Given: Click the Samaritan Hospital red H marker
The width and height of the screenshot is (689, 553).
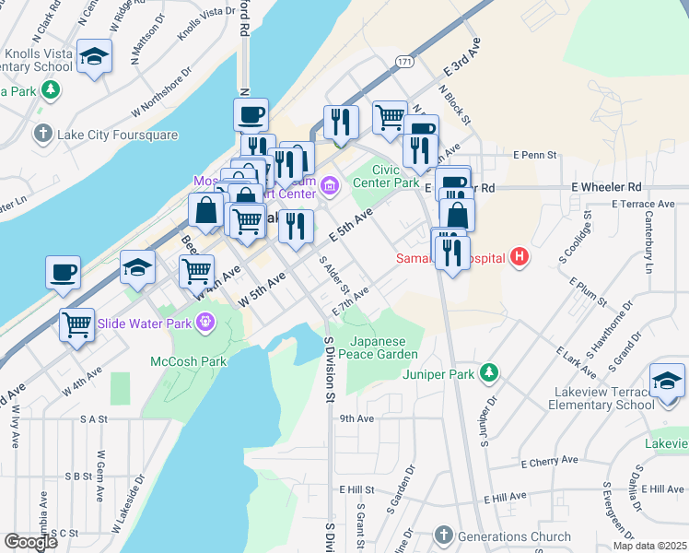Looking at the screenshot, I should (x=520, y=256).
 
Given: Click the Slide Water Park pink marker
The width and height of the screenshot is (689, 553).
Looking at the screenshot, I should (x=204, y=323).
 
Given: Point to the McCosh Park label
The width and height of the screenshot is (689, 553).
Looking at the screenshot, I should (x=189, y=361).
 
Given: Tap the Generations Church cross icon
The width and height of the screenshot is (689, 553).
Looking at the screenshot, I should (x=444, y=535).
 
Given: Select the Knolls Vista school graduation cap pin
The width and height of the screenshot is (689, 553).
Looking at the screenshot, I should (x=94, y=58).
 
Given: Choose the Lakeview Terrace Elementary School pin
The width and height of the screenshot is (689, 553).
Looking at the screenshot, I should (x=667, y=380).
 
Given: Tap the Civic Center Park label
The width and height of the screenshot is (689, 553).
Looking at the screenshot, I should (x=396, y=175).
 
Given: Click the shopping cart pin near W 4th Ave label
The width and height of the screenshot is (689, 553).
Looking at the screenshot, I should (x=196, y=271).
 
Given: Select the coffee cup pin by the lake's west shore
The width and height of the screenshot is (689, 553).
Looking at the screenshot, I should (x=64, y=273).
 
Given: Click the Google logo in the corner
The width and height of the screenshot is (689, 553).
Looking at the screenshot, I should (x=30, y=542).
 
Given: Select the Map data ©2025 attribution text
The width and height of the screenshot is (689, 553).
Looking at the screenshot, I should (x=649, y=546).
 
